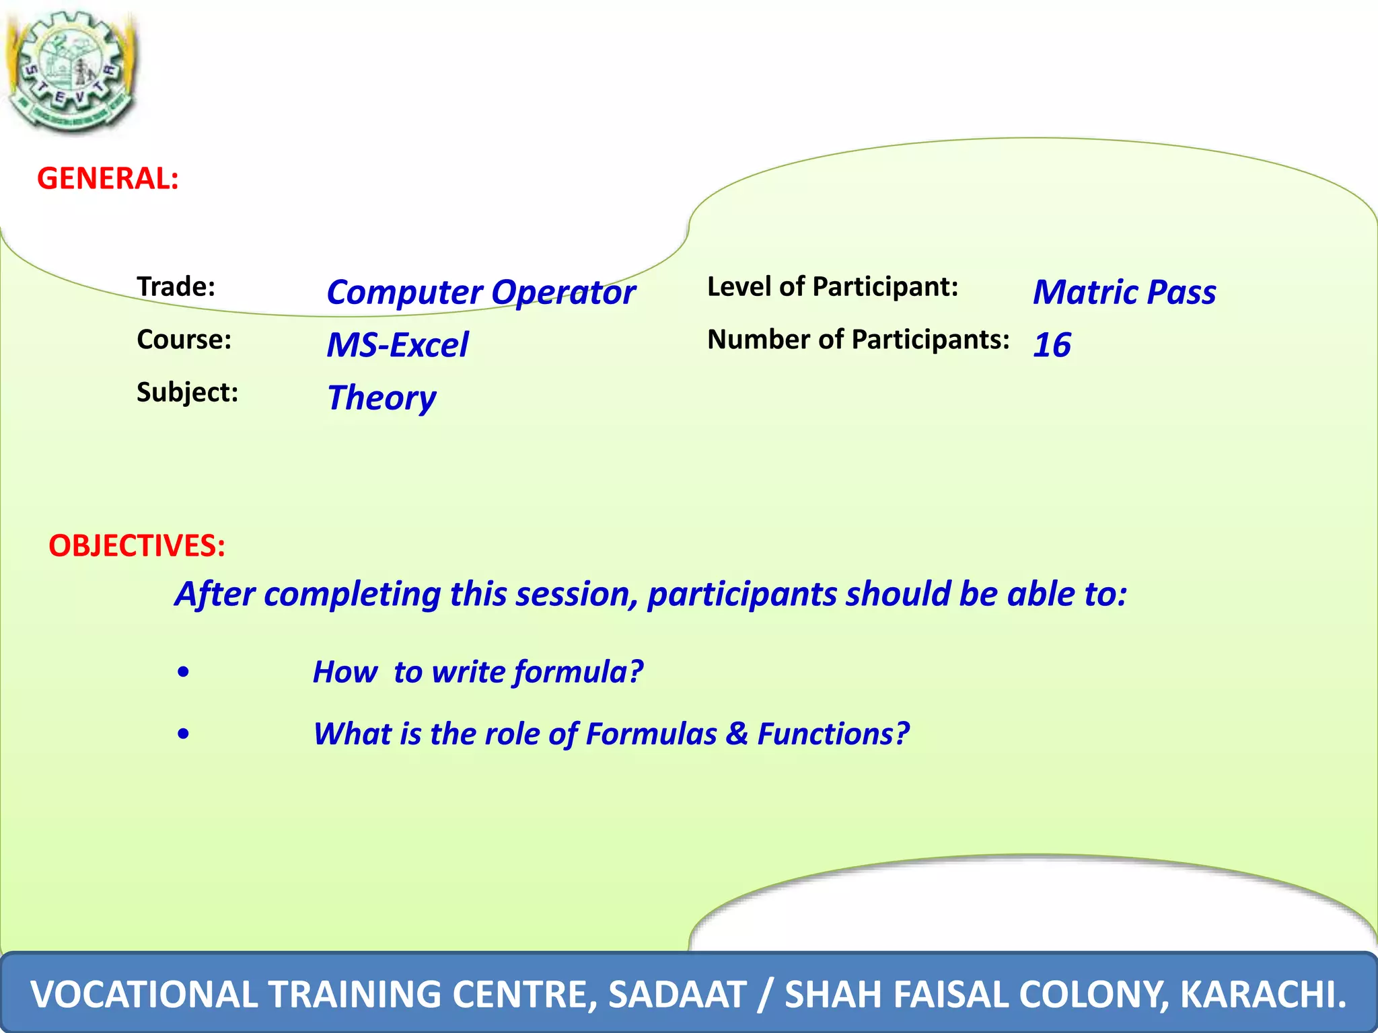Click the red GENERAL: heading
tap(108, 179)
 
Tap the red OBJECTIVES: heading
tap(137, 545)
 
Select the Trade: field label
tap(176, 287)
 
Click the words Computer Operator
tap(480, 293)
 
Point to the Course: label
tap(184, 340)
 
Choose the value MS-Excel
tap(397, 345)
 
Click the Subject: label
tap(187, 392)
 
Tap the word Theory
tap(382, 398)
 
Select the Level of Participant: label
tap(832, 287)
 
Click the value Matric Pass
tap(1124, 293)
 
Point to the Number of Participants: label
tap(858, 340)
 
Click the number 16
tap(1052, 345)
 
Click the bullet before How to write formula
tap(183, 673)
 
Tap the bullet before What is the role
tap(183, 734)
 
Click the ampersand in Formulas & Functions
tap(737, 734)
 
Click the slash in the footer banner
tap(764, 995)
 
